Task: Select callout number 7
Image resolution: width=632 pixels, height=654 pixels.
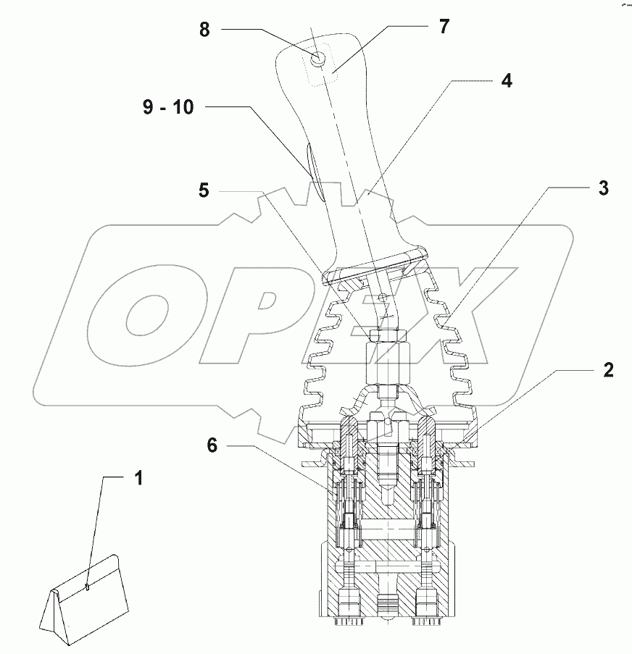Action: coord(444,27)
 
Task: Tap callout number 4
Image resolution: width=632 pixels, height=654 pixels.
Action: coord(507,80)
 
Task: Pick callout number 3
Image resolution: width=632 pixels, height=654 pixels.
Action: coord(603,188)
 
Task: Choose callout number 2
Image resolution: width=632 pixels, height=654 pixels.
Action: coord(607,371)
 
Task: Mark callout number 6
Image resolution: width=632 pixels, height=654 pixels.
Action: coord(212,445)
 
